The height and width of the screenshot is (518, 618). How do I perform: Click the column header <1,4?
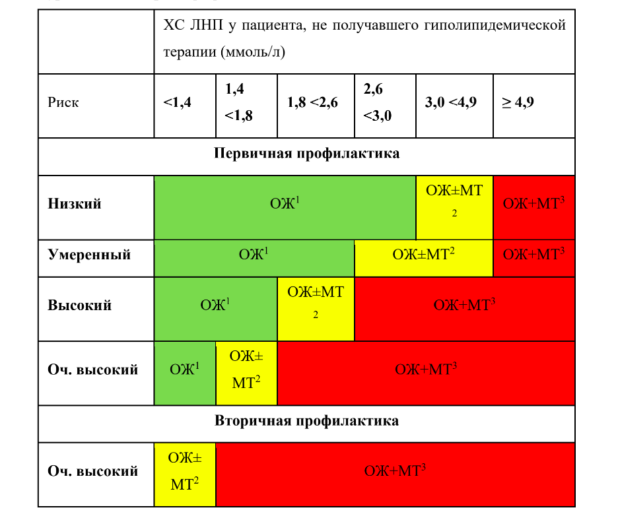177,102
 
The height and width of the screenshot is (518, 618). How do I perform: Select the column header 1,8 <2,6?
312,102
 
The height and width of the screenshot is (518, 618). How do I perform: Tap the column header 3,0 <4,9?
450,102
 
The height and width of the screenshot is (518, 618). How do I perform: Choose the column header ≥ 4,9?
518,102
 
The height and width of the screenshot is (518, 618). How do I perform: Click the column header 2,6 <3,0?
378,102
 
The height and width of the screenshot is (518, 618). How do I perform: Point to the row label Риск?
63,102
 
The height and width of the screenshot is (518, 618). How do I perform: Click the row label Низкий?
75,204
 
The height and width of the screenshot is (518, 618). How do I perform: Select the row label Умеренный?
89,255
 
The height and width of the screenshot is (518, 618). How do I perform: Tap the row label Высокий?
80,306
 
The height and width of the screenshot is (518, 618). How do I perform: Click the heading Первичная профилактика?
306,153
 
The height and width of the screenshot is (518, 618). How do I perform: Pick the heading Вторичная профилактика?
306,421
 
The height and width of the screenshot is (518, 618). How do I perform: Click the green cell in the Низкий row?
285,208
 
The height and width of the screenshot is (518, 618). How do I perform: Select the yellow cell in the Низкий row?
454,208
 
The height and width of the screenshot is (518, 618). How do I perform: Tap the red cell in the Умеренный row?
534,259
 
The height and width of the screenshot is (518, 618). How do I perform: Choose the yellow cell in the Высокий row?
316,309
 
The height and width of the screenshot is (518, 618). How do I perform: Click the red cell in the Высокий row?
465,309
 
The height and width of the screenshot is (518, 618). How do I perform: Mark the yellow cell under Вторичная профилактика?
185,474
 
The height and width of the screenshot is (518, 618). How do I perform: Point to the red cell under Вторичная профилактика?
395,474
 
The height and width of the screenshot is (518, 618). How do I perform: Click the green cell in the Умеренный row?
254,259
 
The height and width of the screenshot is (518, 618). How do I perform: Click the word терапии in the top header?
190,52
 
